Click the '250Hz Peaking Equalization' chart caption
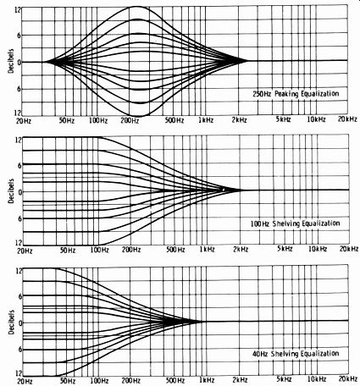point(296,94)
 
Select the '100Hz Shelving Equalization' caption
point(295,223)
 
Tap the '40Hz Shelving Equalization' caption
point(296,354)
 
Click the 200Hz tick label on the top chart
point(130,120)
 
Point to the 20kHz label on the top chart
point(347,119)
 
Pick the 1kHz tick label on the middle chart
point(207,250)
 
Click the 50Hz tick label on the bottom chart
point(67,381)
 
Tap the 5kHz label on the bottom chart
point(284,378)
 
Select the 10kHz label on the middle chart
point(318,249)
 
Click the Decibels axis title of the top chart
point(11,61)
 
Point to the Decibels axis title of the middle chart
point(11,191)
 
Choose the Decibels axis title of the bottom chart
point(11,323)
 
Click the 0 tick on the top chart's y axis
point(19,63)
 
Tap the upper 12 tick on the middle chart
point(18,140)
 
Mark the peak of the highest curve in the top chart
point(137,6)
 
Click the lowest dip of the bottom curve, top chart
point(138,116)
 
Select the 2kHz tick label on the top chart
point(239,120)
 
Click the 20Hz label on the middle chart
point(25,251)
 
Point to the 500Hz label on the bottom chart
point(175,380)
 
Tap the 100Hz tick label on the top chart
point(98,121)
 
